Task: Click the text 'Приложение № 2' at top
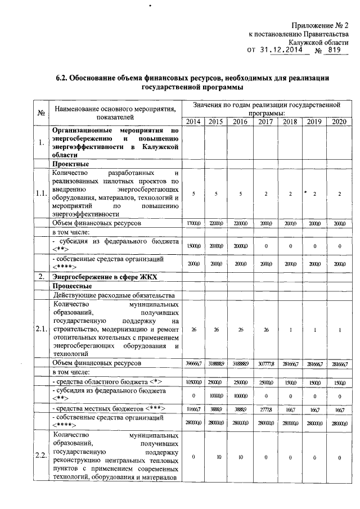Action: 319,25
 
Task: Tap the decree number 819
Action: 334,49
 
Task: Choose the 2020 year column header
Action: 339,122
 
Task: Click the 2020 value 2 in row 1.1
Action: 339,194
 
